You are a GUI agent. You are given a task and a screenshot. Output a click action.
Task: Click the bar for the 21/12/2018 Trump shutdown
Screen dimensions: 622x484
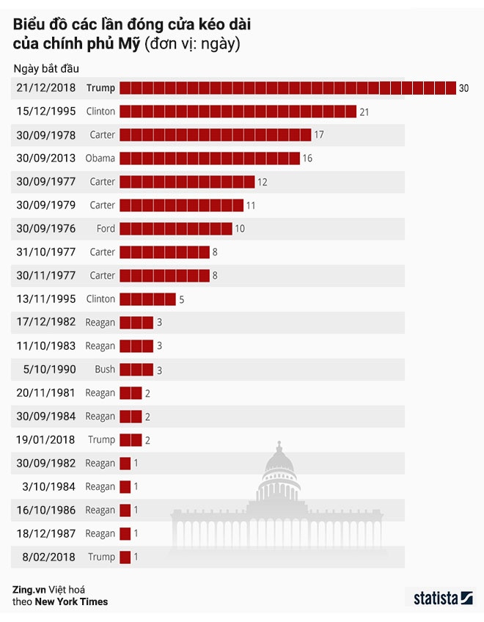tap(287, 88)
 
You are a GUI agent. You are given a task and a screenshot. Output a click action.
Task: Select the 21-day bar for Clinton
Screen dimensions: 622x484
tap(238, 111)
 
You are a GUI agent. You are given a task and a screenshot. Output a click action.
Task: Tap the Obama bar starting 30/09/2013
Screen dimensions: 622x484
tap(210, 158)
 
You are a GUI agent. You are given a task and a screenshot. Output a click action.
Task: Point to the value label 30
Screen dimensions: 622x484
tap(463, 88)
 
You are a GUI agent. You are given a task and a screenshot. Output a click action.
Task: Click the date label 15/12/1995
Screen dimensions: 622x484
tap(45, 111)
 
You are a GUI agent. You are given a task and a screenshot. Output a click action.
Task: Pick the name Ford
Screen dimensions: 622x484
tap(106, 229)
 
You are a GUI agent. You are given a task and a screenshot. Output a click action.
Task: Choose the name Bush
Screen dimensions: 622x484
tap(105, 369)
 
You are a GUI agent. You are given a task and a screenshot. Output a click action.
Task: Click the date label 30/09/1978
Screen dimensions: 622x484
tap(45, 135)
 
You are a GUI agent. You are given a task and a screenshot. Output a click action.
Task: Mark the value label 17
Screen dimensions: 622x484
tap(318, 135)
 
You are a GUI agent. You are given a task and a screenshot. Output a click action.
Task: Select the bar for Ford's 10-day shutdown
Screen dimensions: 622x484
tap(176, 229)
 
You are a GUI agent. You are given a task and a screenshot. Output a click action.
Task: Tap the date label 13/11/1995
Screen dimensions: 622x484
tap(45, 299)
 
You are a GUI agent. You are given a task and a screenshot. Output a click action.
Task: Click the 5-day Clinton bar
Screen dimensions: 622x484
tap(147, 299)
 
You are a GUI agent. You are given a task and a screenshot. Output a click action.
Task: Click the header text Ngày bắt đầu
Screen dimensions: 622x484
tap(45, 68)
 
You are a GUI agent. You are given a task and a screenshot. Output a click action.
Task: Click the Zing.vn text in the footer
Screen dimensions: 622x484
tap(27, 589)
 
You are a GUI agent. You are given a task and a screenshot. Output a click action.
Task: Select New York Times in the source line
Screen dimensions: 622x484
tap(73, 602)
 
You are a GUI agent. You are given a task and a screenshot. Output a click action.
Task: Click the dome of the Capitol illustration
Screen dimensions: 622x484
tap(278, 466)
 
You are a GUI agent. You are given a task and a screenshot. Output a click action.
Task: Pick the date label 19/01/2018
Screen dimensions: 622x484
tap(45, 439)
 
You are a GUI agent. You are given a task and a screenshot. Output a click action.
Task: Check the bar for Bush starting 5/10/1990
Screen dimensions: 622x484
tap(136, 369)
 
